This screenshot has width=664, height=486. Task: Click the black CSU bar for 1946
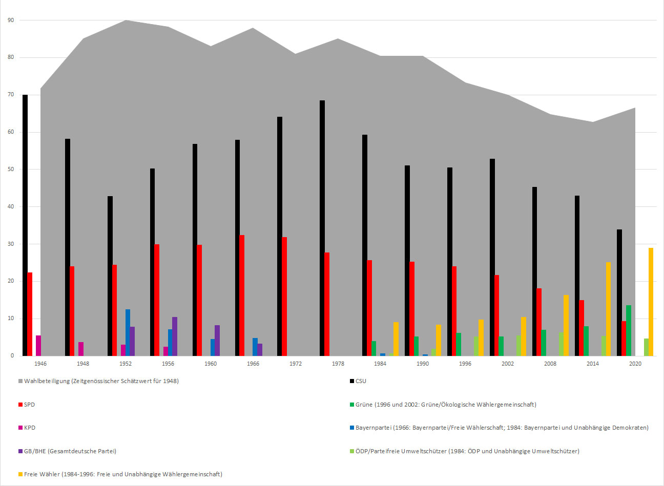(x=25, y=225)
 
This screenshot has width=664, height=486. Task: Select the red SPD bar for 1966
(x=242, y=295)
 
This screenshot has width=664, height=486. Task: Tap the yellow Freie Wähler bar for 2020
(x=651, y=302)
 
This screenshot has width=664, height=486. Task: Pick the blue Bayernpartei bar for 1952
(x=128, y=332)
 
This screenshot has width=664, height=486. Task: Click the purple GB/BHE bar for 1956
(x=175, y=336)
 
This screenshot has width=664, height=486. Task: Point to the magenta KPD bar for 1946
(x=38, y=346)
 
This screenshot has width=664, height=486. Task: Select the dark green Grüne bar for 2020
(x=629, y=330)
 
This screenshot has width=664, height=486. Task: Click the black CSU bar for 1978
(x=322, y=228)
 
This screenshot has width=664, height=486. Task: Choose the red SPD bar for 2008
(x=539, y=322)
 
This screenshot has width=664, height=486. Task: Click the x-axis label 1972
(x=296, y=364)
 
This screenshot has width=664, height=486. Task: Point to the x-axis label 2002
(x=508, y=364)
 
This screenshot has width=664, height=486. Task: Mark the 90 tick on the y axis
(x=11, y=20)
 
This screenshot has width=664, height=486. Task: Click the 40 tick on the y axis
(x=11, y=207)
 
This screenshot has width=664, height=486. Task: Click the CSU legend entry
(x=361, y=381)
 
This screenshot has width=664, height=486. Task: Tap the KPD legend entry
(x=29, y=428)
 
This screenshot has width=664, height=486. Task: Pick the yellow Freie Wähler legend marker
(x=20, y=475)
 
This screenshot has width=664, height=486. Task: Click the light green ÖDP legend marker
(x=352, y=451)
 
